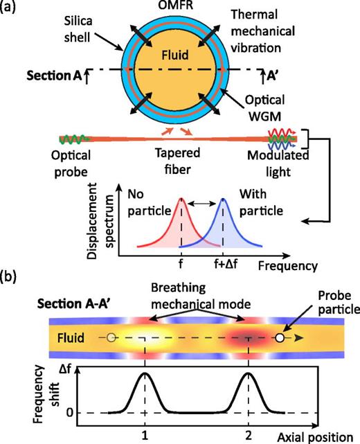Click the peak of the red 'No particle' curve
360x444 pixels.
[182, 199]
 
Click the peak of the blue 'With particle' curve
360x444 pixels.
[224, 199]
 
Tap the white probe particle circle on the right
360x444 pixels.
[280, 339]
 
